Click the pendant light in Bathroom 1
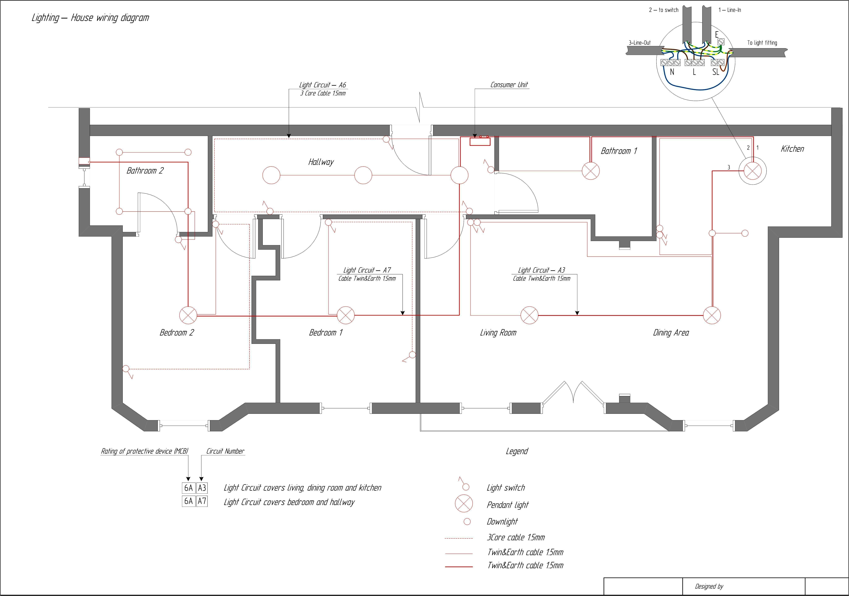pos(591,171)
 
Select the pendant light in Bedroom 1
pos(346,315)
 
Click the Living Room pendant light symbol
pos(529,315)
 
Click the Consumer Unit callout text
pos(509,85)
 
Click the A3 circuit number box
pos(202,488)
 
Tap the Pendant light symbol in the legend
pos(464,504)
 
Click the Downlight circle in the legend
pos(467,521)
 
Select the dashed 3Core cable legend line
pos(459,538)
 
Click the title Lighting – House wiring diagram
pos(90,18)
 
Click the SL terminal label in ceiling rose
pos(715,72)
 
